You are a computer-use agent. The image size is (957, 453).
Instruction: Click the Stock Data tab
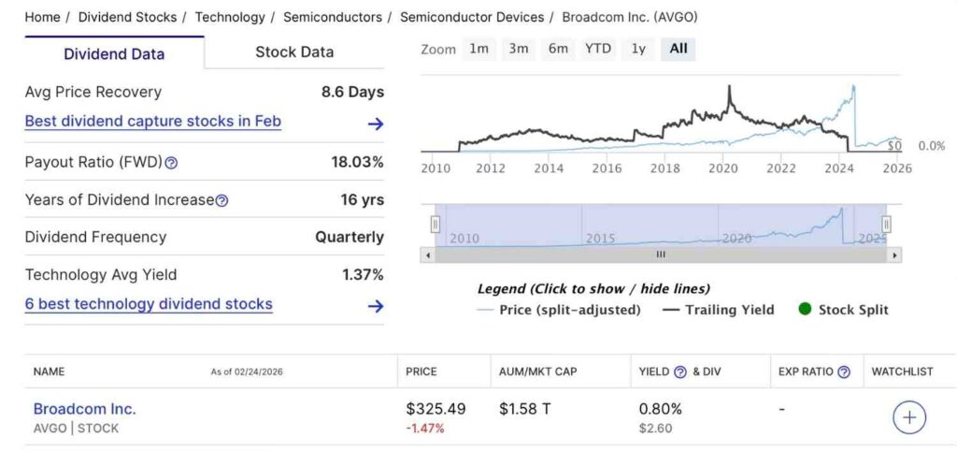pos(294,52)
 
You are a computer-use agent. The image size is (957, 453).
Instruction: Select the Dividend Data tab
pos(114,53)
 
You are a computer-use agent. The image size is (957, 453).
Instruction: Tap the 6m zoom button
pos(558,49)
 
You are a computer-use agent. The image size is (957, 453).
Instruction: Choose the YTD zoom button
pos(598,49)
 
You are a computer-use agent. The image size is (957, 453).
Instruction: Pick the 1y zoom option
pos(638,49)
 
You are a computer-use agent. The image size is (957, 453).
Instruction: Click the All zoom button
pos(678,49)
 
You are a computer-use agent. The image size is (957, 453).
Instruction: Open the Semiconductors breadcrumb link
pos(332,17)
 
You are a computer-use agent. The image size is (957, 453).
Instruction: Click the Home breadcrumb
pos(42,17)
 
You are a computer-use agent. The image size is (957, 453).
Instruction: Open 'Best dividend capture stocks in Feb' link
pos(152,122)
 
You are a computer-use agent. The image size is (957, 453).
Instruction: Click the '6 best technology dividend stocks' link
pos(149,304)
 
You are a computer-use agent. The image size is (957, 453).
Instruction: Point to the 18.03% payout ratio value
pos(357,162)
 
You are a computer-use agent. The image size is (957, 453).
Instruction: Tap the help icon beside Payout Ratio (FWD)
pos(171,163)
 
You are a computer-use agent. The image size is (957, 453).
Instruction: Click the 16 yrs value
pos(362,199)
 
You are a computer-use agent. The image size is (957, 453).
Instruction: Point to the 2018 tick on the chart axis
pos(664,168)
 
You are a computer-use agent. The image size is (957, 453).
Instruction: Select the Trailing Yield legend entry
pos(720,310)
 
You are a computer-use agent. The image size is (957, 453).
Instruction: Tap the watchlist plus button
pos(909,417)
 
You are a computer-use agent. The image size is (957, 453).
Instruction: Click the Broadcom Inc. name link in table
pos(84,409)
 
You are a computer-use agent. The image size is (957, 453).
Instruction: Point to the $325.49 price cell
pos(436,409)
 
